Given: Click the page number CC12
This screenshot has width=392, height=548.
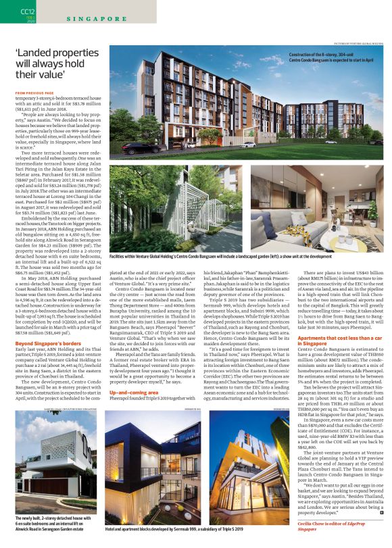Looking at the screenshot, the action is tap(27, 11).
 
